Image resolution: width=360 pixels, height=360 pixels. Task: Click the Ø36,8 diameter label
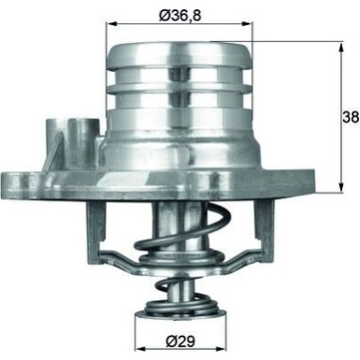pyautogui.click(x=180, y=15)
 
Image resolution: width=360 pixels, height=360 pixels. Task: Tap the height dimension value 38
pyautogui.click(x=349, y=117)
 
